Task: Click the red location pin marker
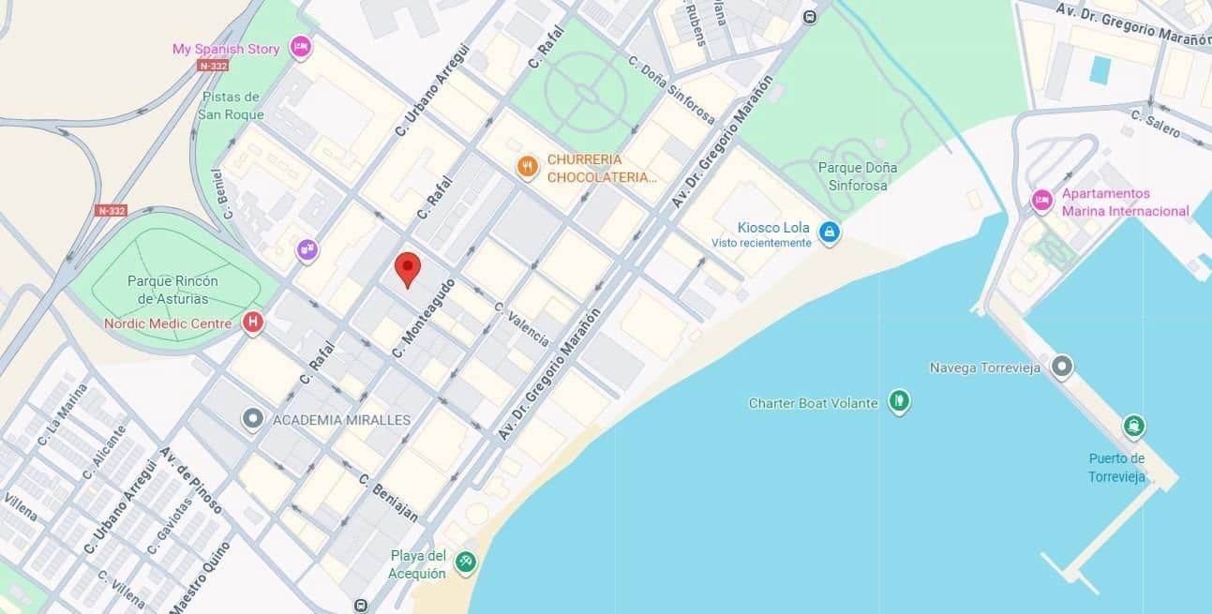point(406,269)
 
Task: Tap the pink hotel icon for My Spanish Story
point(300,47)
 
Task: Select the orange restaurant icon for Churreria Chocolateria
point(528,168)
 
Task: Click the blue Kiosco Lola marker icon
point(829,232)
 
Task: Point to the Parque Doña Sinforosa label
point(857,176)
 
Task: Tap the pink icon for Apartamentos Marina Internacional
point(1041,201)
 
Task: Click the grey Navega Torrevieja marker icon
point(1061,367)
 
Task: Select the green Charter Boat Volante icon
point(899,402)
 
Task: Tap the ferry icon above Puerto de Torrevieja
point(1134,427)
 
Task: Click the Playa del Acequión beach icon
point(465,562)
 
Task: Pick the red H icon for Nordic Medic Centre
point(252,323)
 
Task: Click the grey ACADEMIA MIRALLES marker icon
point(251,419)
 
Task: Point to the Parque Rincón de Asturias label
point(173,290)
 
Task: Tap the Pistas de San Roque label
point(231,105)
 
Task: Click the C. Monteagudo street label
point(424,319)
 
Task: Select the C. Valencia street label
point(522,323)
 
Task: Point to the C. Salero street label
point(1155,125)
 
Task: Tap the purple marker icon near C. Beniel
point(307,249)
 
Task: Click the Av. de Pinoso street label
point(192,480)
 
